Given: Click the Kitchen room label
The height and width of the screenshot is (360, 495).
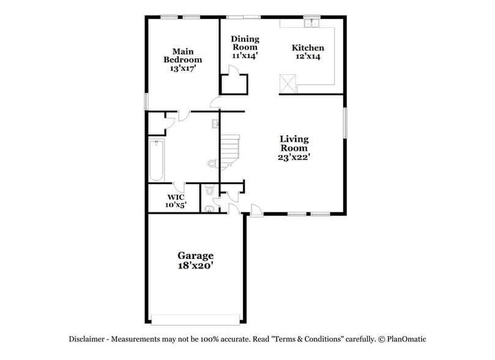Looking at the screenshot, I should tap(308, 48).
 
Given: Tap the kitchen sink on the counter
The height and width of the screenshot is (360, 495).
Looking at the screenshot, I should tap(313, 24).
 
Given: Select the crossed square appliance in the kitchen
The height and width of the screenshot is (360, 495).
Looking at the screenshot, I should tap(288, 83).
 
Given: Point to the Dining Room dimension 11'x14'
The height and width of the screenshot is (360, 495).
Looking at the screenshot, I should tap(244, 55).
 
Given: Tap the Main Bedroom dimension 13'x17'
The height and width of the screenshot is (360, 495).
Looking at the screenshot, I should tap(182, 69).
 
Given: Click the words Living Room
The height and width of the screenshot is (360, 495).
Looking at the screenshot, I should tap(294, 143).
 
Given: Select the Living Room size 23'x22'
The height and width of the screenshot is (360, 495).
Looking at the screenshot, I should tap(294, 157).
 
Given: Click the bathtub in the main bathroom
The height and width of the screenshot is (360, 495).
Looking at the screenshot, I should tap(156, 160).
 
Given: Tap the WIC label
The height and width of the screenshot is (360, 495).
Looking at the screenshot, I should tap(176, 197).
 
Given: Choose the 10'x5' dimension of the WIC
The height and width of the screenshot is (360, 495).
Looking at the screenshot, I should tap(176, 205).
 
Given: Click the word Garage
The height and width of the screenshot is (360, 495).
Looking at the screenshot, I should tap(196, 255).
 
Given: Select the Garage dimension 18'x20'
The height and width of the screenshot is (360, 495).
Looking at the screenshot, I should tap(196, 266).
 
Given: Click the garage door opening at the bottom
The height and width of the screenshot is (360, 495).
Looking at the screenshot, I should tap(195, 319).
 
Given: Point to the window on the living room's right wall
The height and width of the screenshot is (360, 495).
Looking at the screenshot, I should tap(345, 123).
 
